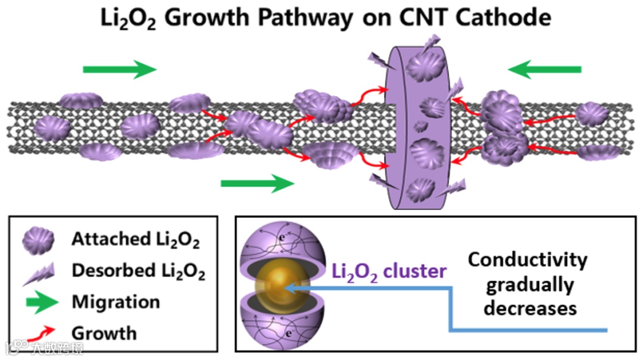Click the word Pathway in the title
click(x=309, y=18)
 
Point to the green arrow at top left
click(x=119, y=69)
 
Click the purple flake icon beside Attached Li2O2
click(x=37, y=240)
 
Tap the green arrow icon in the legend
click(x=37, y=301)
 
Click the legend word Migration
click(x=116, y=302)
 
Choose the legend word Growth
click(x=104, y=332)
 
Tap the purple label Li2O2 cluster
click(x=389, y=272)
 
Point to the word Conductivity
click(x=527, y=260)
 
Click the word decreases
click(x=530, y=308)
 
